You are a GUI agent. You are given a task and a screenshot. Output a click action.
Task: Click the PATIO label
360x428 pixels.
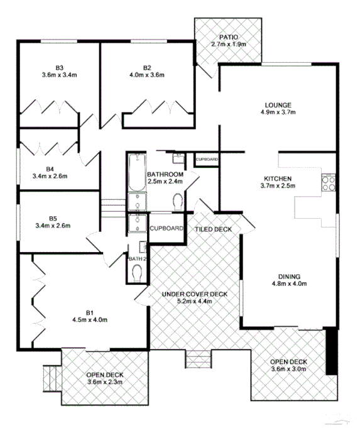(x=227, y=37)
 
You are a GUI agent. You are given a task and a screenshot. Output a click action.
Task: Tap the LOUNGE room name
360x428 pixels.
(x=278, y=105)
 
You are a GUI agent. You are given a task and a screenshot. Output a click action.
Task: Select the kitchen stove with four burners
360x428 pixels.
(x=329, y=183)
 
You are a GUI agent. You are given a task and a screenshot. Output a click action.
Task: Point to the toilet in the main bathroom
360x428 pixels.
(x=177, y=202)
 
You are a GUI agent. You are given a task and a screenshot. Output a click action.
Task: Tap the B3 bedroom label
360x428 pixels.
(x=60, y=67)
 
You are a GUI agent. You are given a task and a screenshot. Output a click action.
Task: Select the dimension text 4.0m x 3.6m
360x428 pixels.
(x=148, y=75)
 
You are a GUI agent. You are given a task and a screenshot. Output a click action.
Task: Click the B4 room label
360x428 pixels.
(x=51, y=168)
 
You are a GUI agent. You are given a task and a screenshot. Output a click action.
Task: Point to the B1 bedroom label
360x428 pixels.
(x=90, y=312)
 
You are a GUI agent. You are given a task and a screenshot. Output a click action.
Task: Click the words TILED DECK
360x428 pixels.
(x=214, y=229)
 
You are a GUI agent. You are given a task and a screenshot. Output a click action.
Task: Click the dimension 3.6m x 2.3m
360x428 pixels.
(x=104, y=382)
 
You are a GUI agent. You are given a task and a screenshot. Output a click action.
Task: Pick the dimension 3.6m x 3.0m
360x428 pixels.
(x=288, y=370)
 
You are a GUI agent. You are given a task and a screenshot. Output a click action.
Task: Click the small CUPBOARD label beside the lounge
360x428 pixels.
(x=207, y=160)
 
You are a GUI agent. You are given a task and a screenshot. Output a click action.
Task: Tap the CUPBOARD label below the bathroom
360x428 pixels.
(x=166, y=228)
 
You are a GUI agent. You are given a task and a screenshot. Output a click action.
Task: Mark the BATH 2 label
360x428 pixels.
(x=137, y=258)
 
